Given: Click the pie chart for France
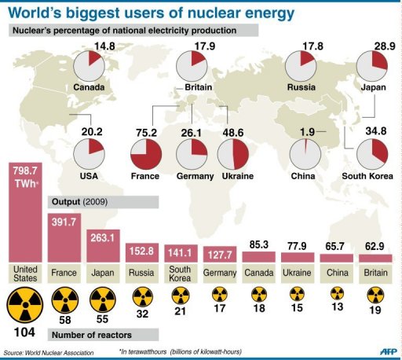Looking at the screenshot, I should [144, 155].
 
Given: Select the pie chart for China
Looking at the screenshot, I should [303, 155].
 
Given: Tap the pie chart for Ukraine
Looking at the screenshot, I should [236, 155].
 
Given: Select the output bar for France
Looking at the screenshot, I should [68, 236].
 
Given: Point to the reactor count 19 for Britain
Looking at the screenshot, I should [375, 311].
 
